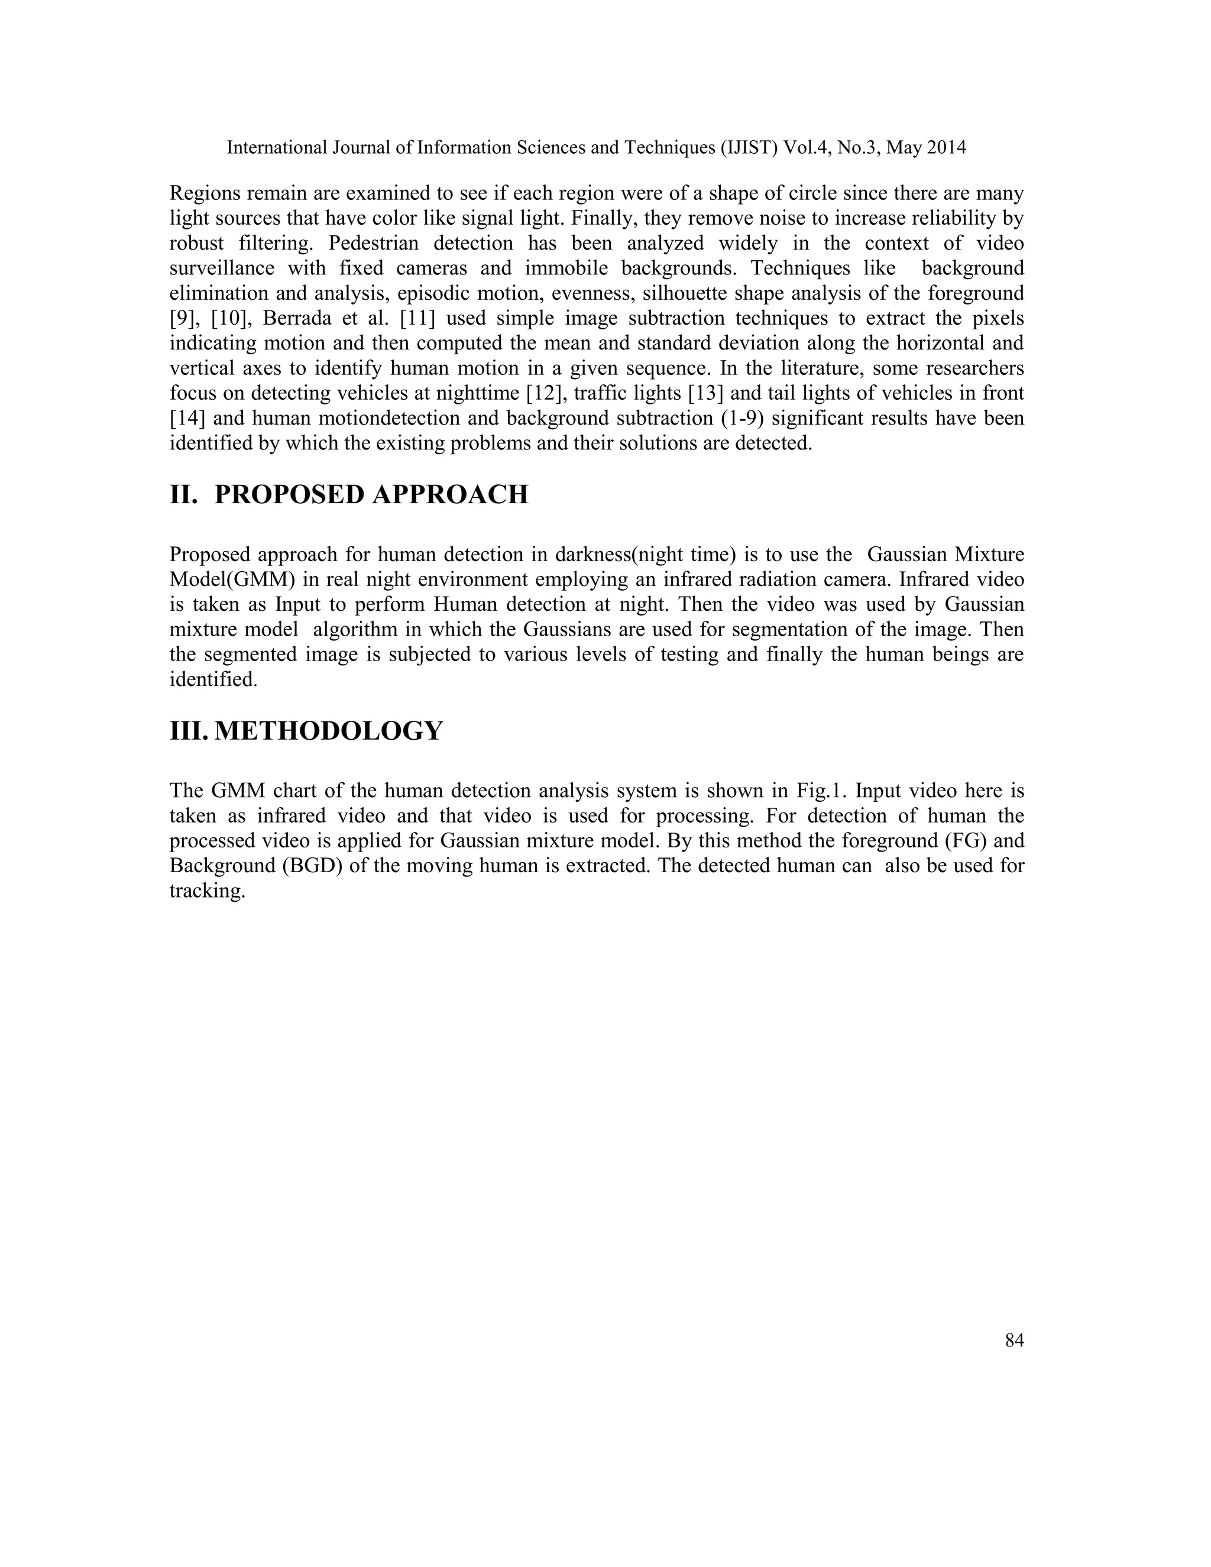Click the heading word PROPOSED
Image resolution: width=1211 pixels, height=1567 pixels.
pos(289,494)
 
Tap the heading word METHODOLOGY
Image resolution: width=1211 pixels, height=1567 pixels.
pos(329,731)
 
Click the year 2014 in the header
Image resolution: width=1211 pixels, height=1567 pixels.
pos(946,148)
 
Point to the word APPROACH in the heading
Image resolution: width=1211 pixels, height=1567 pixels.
pos(451,494)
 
